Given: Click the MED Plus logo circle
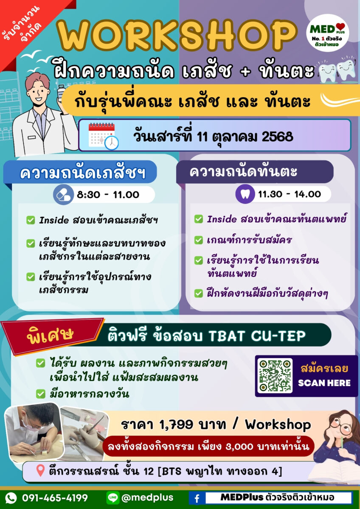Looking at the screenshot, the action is [327, 33].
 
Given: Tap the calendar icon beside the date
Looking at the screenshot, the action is [104, 136].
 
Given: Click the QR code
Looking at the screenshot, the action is [275, 376].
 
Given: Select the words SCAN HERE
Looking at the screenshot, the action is [324, 383].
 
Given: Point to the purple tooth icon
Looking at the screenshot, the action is [245, 194].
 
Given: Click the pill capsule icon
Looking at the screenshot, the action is [63, 195].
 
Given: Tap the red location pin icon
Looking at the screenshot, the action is [40, 470].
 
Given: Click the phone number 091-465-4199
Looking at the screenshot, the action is [55, 498].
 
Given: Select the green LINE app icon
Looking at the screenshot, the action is [113, 498].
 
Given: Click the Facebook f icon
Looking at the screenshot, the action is [197, 498].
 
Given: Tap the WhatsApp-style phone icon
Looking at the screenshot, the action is [11, 498].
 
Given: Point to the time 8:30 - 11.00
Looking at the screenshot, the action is [108, 195].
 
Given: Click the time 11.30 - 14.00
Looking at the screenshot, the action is [289, 194].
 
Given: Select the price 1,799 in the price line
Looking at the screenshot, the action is [176, 425].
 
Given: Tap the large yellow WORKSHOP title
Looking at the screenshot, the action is [177, 36].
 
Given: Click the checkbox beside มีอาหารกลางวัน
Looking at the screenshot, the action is [40, 394].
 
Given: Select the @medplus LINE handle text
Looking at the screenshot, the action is [147, 498].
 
